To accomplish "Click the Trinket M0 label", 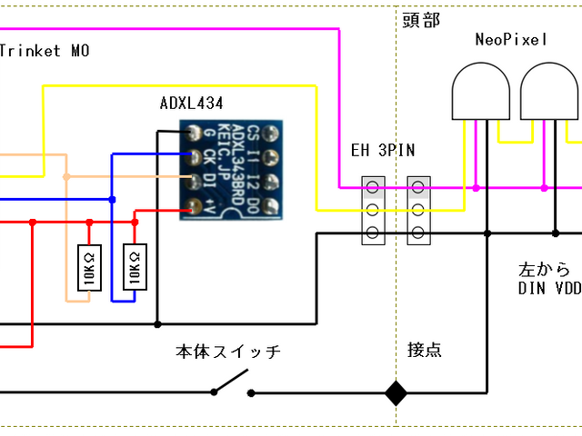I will pyautogui.click(x=44, y=51).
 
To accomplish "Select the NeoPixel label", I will pyautogui.click(x=511, y=40).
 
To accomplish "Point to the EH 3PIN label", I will pyautogui.click(x=383, y=150).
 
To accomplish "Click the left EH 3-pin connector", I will pyautogui.click(x=372, y=211).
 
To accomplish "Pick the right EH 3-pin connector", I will pyautogui.click(x=418, y=211).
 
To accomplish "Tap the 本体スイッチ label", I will pyautogui.click(x=226, y=350).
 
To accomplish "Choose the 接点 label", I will pyautogui.click(x=425, y=350).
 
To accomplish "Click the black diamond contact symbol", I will pyautogui.click(x=396, y=392).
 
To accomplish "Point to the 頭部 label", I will pyautogui.click(x=424, y=17).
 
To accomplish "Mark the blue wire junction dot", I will pyautogui.click(x=112, y=199).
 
